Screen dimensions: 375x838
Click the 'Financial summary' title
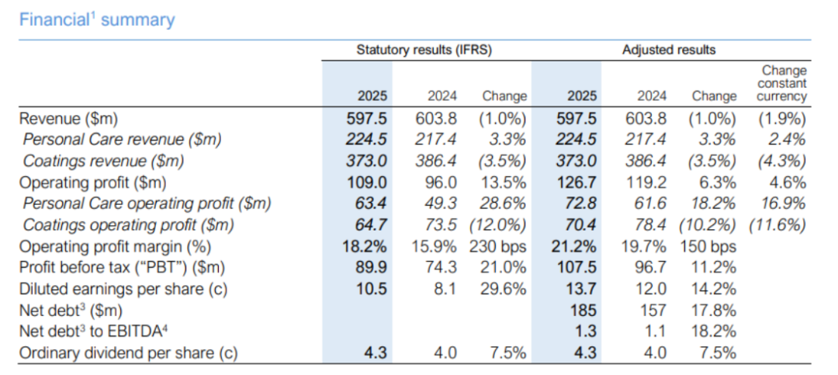(x=97, y=19)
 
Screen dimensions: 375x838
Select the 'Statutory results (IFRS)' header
(x=424, y=50)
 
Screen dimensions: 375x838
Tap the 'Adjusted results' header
(x=669, y=50)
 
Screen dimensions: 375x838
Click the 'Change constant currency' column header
(x=781, y=84)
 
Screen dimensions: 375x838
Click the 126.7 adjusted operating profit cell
(x=576, y=182)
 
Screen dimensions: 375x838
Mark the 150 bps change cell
(x=708, y=246)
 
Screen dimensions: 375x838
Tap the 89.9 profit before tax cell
(x=371, y=267)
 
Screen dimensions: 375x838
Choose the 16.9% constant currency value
(x=784, y=203)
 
